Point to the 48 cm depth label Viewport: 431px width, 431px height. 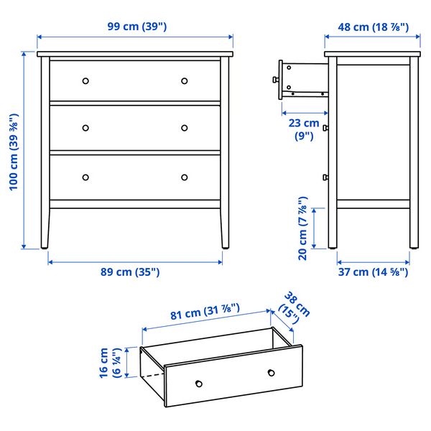tap(372, 27)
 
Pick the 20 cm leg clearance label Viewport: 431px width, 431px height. tap(303, 228)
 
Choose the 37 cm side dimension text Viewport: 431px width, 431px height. tap(372, 272)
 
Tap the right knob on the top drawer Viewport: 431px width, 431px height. tap(185, 80)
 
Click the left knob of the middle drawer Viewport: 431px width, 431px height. tap(85, 128)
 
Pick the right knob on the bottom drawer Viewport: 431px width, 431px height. tap(185, 177)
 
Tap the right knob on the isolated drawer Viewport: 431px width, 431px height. tap(272, 371)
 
